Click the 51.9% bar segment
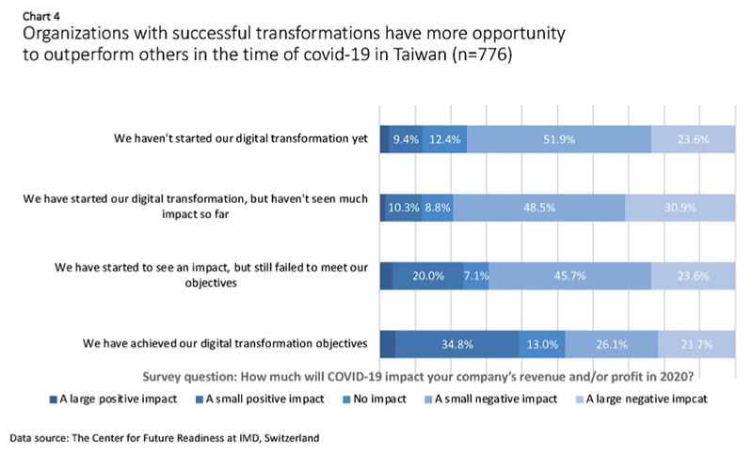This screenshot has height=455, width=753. coord(558,139)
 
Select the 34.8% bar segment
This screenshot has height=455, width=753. coord(456,344)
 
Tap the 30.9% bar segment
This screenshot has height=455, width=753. coord(680,207)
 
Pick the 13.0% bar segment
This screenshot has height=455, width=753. coord(541,344)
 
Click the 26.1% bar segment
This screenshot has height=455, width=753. coord(611,344)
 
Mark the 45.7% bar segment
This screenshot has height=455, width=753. coord(569,275)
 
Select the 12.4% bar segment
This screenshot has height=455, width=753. coord(444,139)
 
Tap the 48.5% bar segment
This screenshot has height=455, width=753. coord(538,207)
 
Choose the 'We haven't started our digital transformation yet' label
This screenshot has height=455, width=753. coord(240,139)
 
